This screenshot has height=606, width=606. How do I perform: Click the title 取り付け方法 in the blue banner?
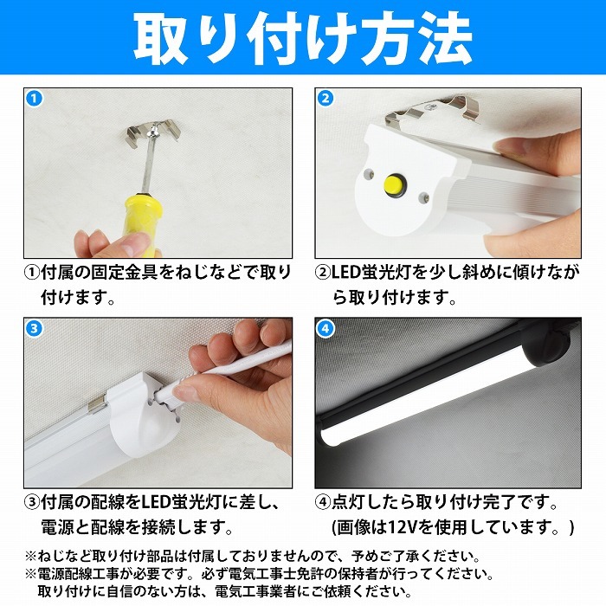pyautogui.click(x=303, y=39)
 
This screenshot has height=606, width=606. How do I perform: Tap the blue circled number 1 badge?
pyautogui.click(x=34, y=98)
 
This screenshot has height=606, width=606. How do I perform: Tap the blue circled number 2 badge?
pyautogui.click(x=325, y=98)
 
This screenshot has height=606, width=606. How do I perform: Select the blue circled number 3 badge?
pyautogui.click(x=34, y=328)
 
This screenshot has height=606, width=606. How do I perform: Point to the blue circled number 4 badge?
pyautogui.click(x=325, y=328)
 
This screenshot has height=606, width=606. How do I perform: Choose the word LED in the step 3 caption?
pyautogui.click(x=158, y=502)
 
